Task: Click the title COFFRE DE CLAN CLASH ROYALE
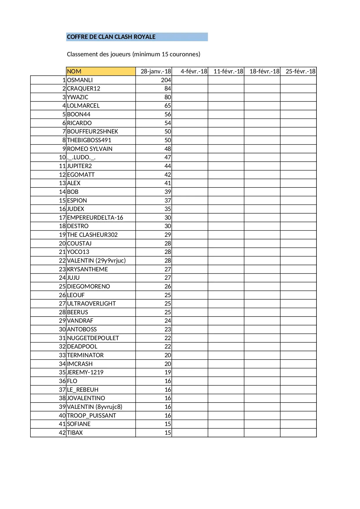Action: tap(111, 37)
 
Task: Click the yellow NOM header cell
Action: tap(100, 71)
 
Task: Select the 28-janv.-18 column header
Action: tap(156, 71)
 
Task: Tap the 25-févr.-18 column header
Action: tap(300, 71)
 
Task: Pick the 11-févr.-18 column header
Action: tap(228, 71)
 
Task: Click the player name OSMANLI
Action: tap(80, 80)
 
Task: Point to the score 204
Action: tap(166, 80)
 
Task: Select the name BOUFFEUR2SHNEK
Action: tap(93, 131)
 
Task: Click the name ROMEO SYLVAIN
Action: tap(90, 149)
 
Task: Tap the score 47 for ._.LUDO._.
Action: tap(168, 157)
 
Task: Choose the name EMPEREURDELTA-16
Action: tap(95, 218)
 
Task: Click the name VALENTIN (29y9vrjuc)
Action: tap(96, 261)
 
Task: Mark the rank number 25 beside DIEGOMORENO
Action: tap(62, 286)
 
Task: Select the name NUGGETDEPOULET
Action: tap(93, 338)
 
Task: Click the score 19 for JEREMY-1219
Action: tap(168, 372)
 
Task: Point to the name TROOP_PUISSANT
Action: tap(91, 416)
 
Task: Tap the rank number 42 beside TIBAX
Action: tap(62, 433)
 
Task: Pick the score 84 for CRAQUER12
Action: tap(168, 89)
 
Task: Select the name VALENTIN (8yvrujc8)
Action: tap(95, 407)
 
